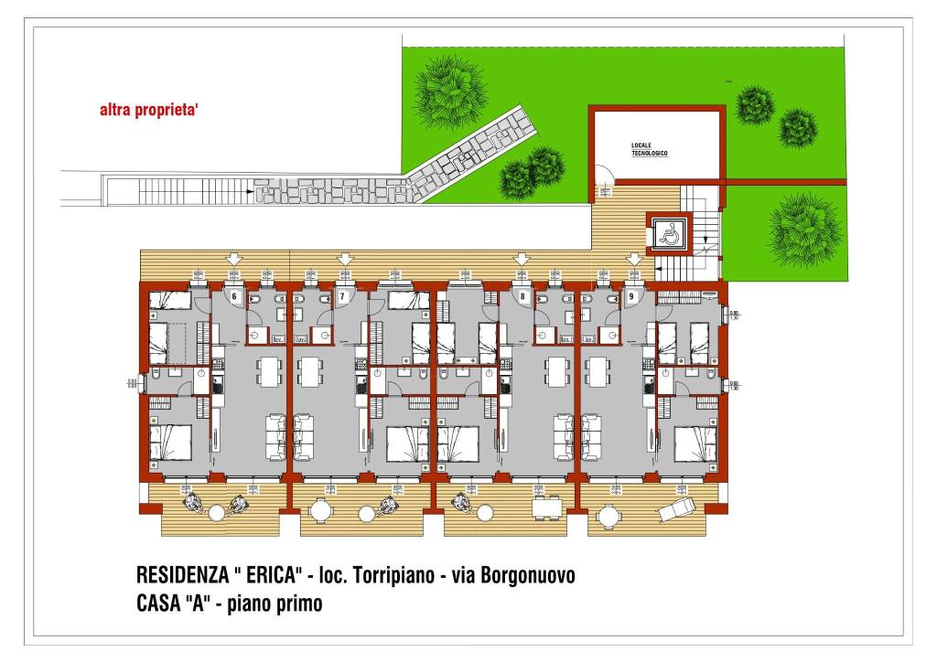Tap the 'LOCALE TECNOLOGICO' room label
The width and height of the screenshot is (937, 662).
pos(649,150)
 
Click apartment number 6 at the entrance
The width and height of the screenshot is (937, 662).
pos(233,296)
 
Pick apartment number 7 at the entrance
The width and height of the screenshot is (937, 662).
pos(342,296)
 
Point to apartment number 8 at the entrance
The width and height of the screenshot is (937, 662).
pos(522,296)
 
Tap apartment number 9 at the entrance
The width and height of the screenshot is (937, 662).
pos(631,296)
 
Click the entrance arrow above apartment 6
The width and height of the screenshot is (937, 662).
pos(233,260)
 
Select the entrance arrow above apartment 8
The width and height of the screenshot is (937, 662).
pos(522,260)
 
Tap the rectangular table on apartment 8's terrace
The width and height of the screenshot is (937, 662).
pos(545,508)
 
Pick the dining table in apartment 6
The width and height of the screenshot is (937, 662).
pos(267,370)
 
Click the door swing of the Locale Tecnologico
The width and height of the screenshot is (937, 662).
pos(604,175)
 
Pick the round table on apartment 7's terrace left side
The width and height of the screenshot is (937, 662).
pos(319,512)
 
